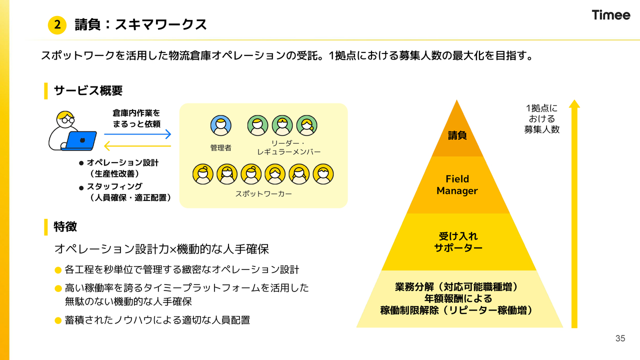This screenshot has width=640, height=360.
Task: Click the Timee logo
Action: (611, 15)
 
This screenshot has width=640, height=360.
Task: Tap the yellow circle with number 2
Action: (57, 25)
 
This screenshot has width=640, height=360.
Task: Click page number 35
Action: (620, 338)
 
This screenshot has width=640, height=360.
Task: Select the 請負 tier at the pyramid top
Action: (457, 135)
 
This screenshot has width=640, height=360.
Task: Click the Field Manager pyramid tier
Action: (457, 185)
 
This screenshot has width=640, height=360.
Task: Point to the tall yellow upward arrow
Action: (574, 215)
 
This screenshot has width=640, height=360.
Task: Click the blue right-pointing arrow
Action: (137, 134)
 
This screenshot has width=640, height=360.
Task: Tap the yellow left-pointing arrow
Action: (137, 146)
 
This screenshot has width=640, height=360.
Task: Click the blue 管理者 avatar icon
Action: (220, 126)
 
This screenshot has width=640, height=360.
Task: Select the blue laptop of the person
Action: (80, 140)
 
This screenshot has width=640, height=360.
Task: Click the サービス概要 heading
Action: (88, 90)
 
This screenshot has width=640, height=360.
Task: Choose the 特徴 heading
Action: (65, 226)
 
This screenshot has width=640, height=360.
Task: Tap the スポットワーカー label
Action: (263, 193)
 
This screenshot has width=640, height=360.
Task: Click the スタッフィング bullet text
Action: (114, 186)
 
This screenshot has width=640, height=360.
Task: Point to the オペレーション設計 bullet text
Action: (122, 163)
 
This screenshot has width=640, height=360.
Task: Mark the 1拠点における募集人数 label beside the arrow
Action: (541, 118)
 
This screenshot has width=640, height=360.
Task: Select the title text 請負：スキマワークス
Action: (140, 24)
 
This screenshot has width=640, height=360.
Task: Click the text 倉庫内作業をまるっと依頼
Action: (136, 118)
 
